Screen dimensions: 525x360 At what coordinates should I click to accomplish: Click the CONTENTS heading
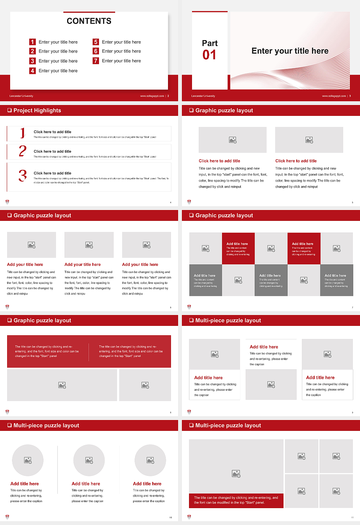(x=89, y=21)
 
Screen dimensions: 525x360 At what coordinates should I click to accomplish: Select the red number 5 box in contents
(x=96, y=42)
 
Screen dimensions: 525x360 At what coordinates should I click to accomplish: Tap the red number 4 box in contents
(x=33, y=70)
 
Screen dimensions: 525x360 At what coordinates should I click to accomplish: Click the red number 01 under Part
(x=209, y=55)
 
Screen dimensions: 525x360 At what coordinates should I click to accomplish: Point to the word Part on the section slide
(x=210, y=43)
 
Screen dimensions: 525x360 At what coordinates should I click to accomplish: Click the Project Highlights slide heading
(x=37, y=110)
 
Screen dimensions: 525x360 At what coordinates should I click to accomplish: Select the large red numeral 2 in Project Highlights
(x=22, y=151)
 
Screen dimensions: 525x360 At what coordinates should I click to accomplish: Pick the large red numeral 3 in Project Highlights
(x=22, y=175)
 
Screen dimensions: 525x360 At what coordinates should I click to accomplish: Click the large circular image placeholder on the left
(x=28, y=460)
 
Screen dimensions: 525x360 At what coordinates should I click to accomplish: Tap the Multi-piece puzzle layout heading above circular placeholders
(x=46, y=425)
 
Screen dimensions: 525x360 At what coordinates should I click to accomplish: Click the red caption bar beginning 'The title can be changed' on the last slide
(x=236, y=500)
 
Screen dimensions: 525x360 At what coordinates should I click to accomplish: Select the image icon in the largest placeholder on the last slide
(x=236, y=474)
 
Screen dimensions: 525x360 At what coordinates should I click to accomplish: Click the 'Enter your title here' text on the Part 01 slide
(x=290, y=51)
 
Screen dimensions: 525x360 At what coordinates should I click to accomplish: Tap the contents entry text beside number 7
(x=121, y=61)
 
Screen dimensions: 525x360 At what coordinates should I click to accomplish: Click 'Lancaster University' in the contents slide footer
(x=21, y=96)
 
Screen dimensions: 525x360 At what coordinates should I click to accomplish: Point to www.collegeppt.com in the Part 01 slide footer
(x=333, y=96)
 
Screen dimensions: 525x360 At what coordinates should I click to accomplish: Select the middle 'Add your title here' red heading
(x=82, y=264)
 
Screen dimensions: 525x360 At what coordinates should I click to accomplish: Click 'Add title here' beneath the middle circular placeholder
(x=86, y=484)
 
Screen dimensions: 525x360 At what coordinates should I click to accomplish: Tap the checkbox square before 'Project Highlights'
(x=9, y=110)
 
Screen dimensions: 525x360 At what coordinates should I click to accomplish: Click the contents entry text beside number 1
(x=58, y=42)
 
